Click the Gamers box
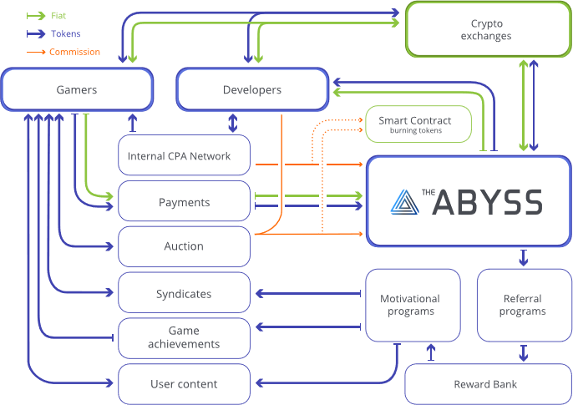click(x=77, y=89)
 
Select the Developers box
click(x=252, y=89)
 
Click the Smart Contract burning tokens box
click(x=419, y=124)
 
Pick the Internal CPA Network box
click(x=184, y=156)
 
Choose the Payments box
click(x=184, y=202)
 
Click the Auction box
click(x=184, y=246)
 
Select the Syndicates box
click(x=184, y=294)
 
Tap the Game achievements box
click(x=184, y=338)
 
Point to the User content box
click(x=184, y=384)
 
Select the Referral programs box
click(x=523, y=305)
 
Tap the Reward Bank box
click(x=485, y=384)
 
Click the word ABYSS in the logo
click(x=488, y=203)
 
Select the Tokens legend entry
click(x=65, y=34)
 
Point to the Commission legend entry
click(x=74, y=52)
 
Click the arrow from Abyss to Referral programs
click(x=524, y=257)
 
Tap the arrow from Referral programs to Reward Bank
click(x=524, y=352)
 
